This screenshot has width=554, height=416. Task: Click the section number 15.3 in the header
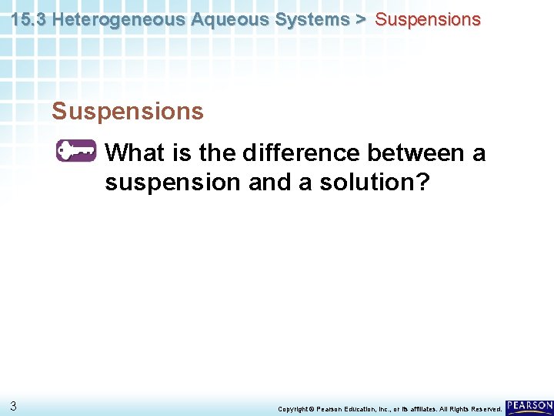tap(28, 20)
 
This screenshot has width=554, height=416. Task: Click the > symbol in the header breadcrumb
tap(360, 20)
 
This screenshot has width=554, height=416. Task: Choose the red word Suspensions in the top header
tap(427, 20)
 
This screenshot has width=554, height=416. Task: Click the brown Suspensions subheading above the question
tap(128, 112)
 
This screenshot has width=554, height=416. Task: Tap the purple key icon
tap(75, 152)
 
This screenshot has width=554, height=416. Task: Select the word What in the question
tap(135, 153)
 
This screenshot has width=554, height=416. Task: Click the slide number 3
tap(14, 405)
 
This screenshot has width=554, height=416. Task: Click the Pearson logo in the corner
tap(529, 405)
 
